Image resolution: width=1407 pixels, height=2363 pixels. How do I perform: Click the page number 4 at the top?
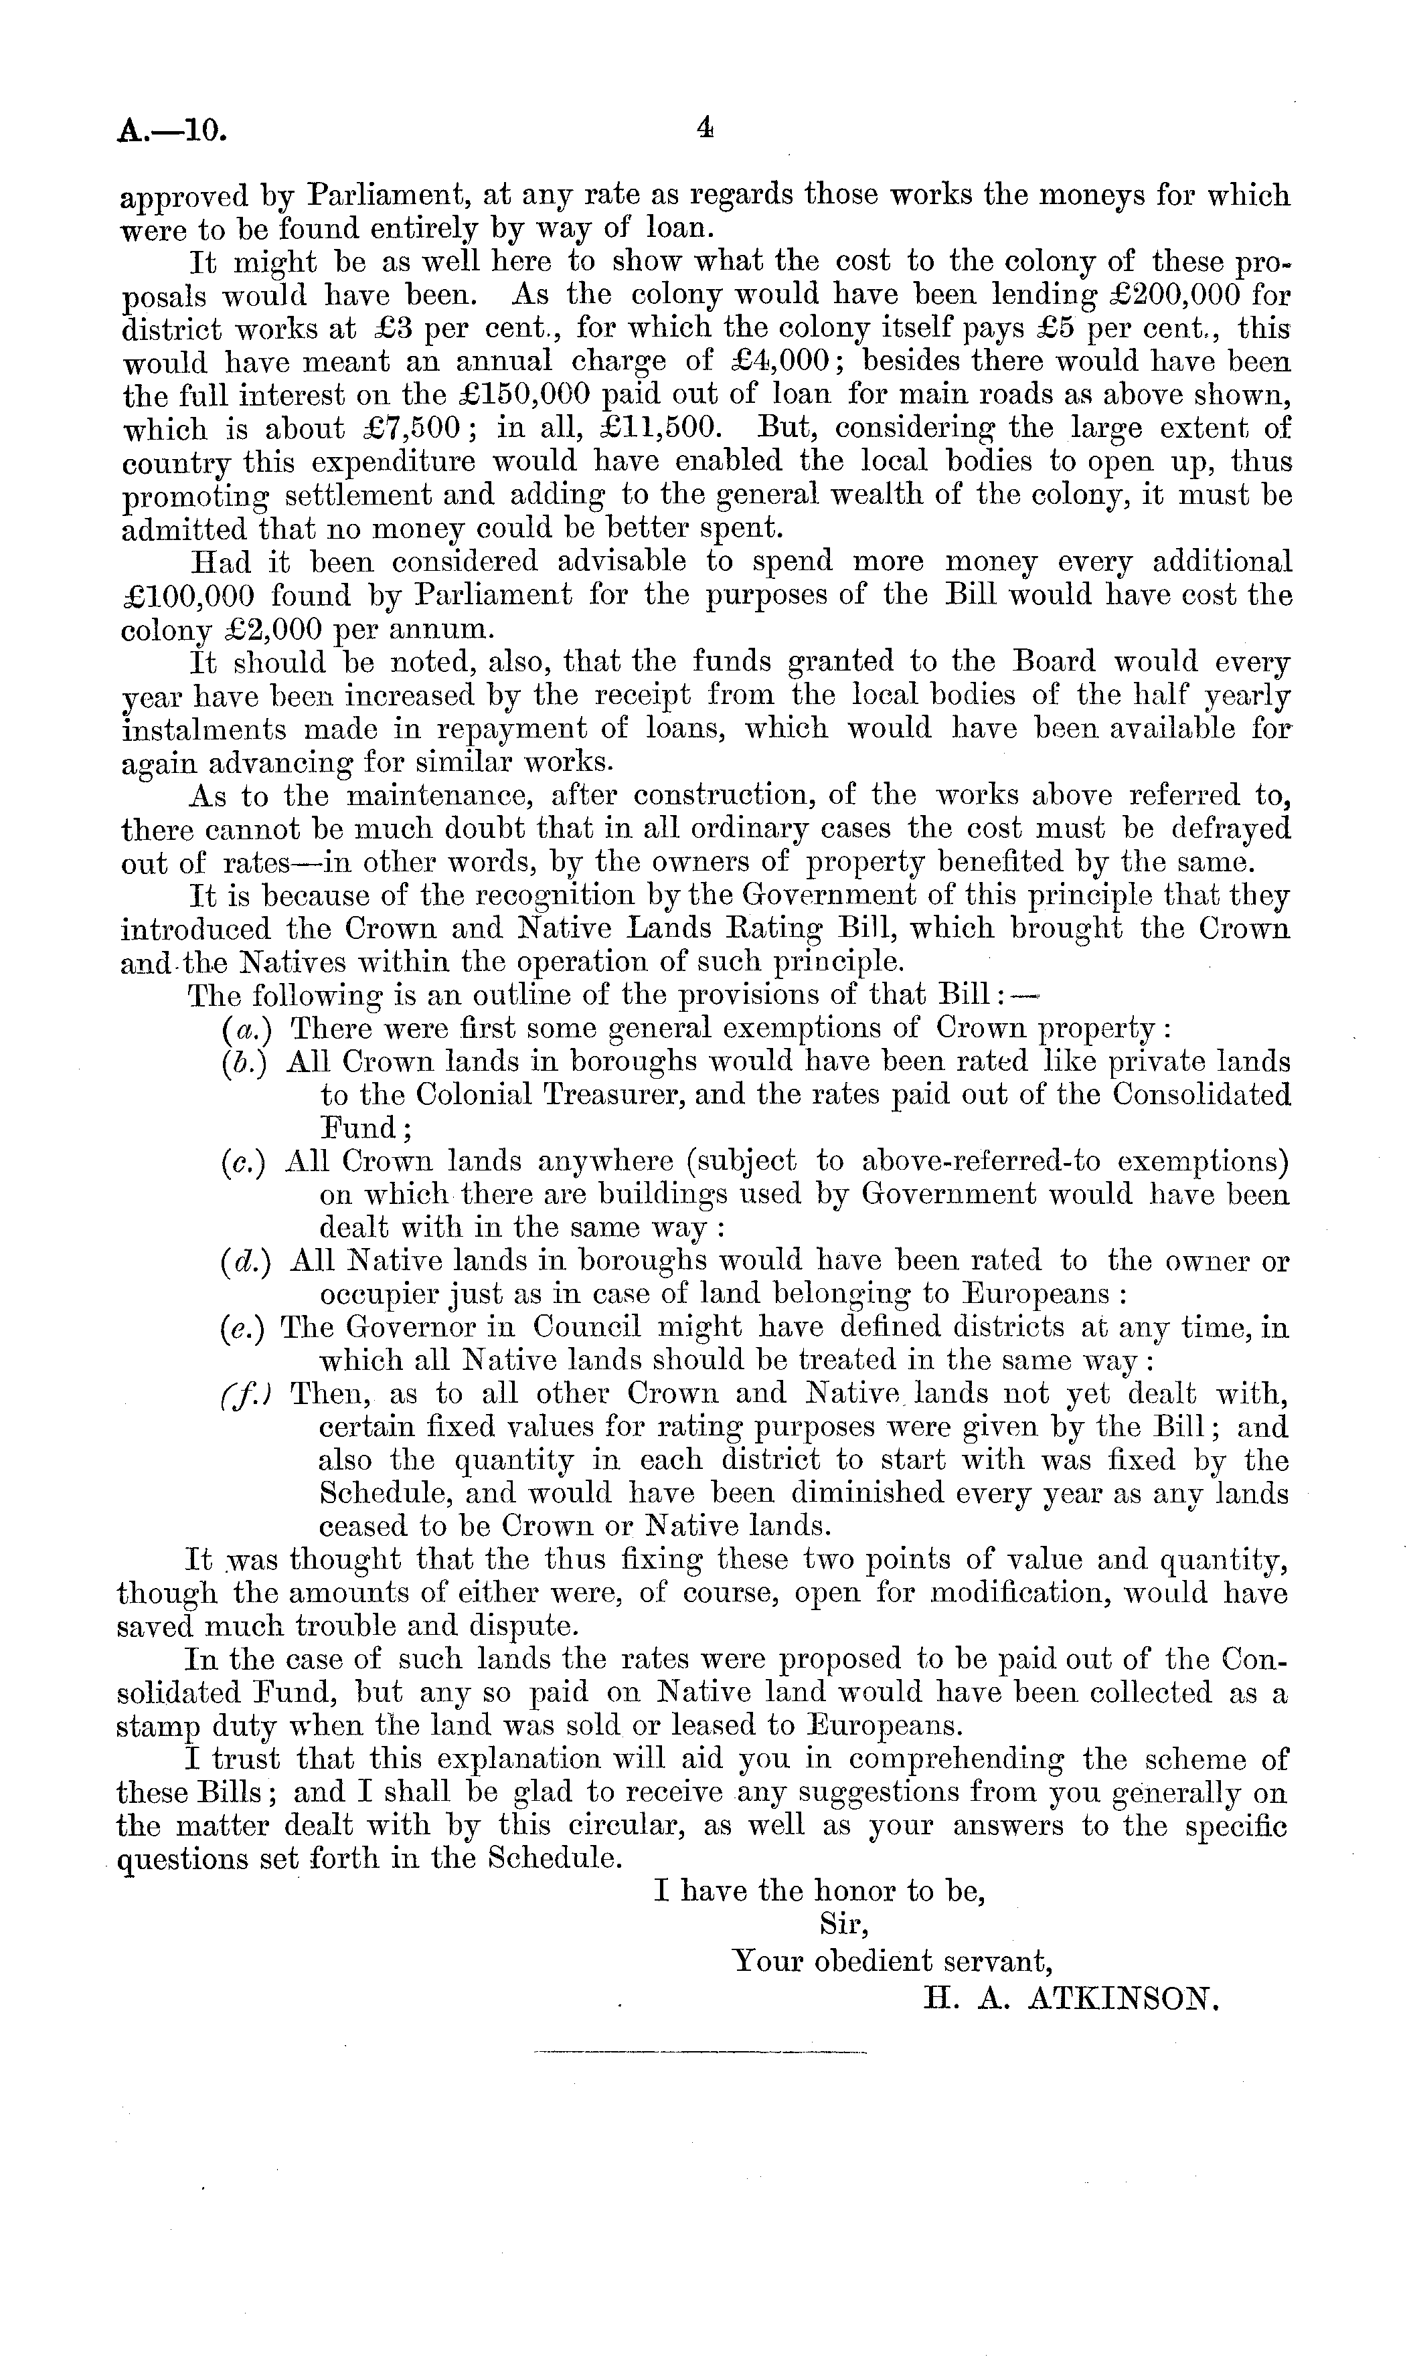pyautogui.click(x=703, y=128)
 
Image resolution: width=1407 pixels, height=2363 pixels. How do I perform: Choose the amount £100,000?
pyautogui.click(x=187, y=596)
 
